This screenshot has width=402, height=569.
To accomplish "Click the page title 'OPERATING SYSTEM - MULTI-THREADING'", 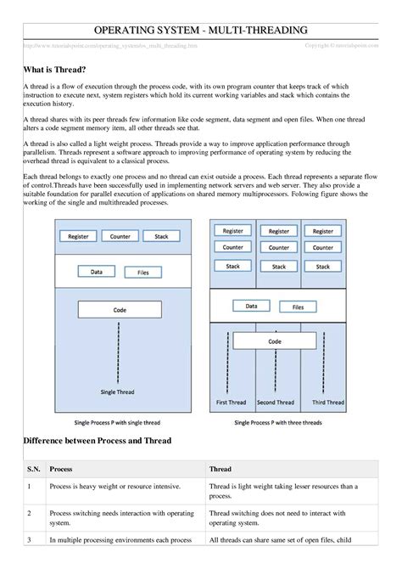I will (x=201, y=31).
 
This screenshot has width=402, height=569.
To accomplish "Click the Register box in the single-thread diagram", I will (x=78, y=235).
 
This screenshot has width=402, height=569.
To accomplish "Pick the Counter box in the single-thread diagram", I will (x=120, y=235).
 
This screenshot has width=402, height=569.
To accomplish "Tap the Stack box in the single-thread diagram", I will (x=159, y=235).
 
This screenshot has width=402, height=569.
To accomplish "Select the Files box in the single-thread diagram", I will (x=142, y=273).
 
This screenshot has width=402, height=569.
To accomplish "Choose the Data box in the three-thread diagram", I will (x=252, y=305).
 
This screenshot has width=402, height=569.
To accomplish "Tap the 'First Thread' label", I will (x=232, y=402).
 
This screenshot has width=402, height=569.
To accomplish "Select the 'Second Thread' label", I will (x=276, y=402).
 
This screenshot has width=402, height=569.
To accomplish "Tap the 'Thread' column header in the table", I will (x=220, y=468).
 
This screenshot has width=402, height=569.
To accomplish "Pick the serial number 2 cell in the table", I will (x=29, y=514).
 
